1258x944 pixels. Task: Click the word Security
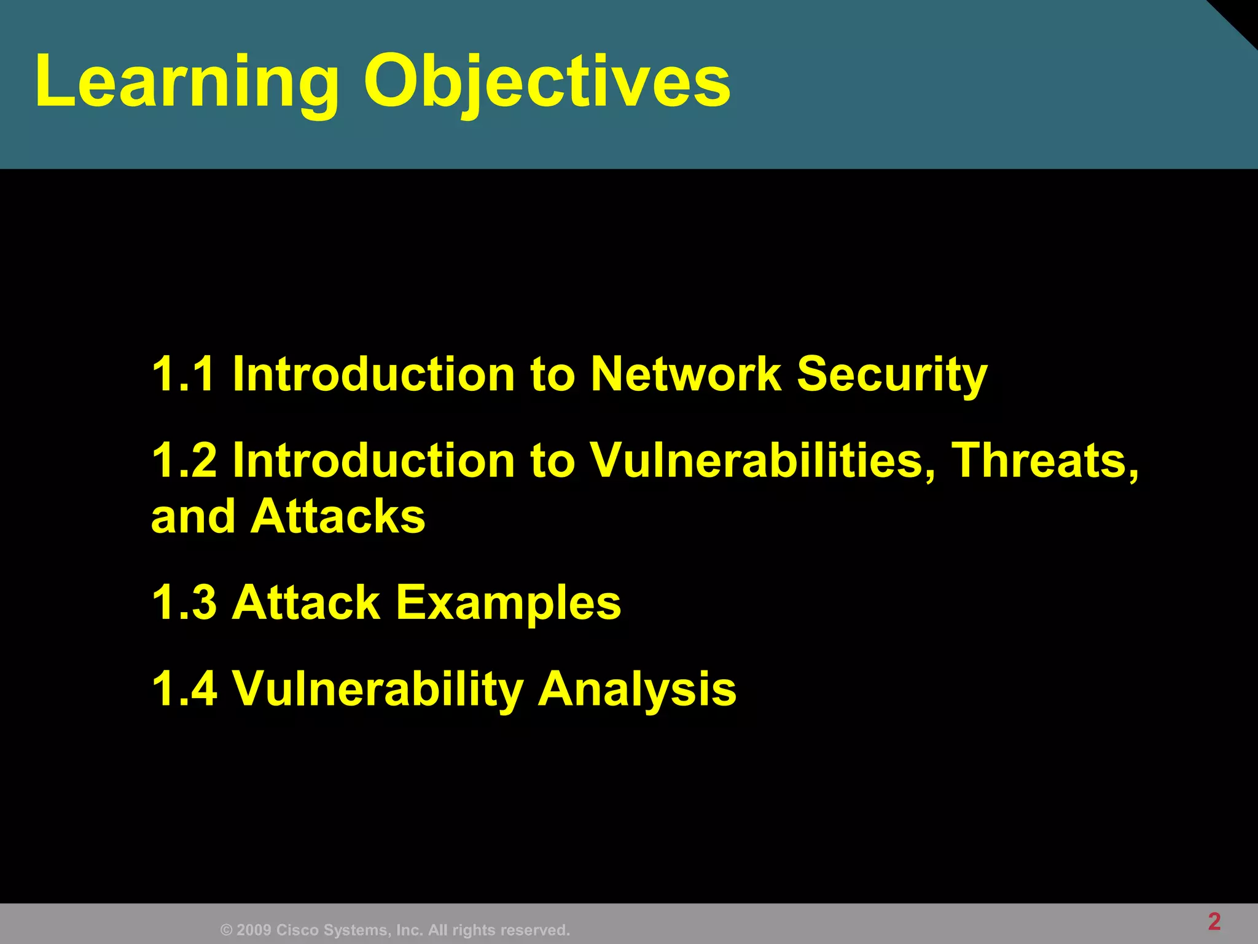892,375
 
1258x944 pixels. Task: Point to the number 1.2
184,460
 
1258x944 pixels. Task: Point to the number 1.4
184,688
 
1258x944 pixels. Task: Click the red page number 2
1214,921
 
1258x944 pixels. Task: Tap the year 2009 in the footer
254,930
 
